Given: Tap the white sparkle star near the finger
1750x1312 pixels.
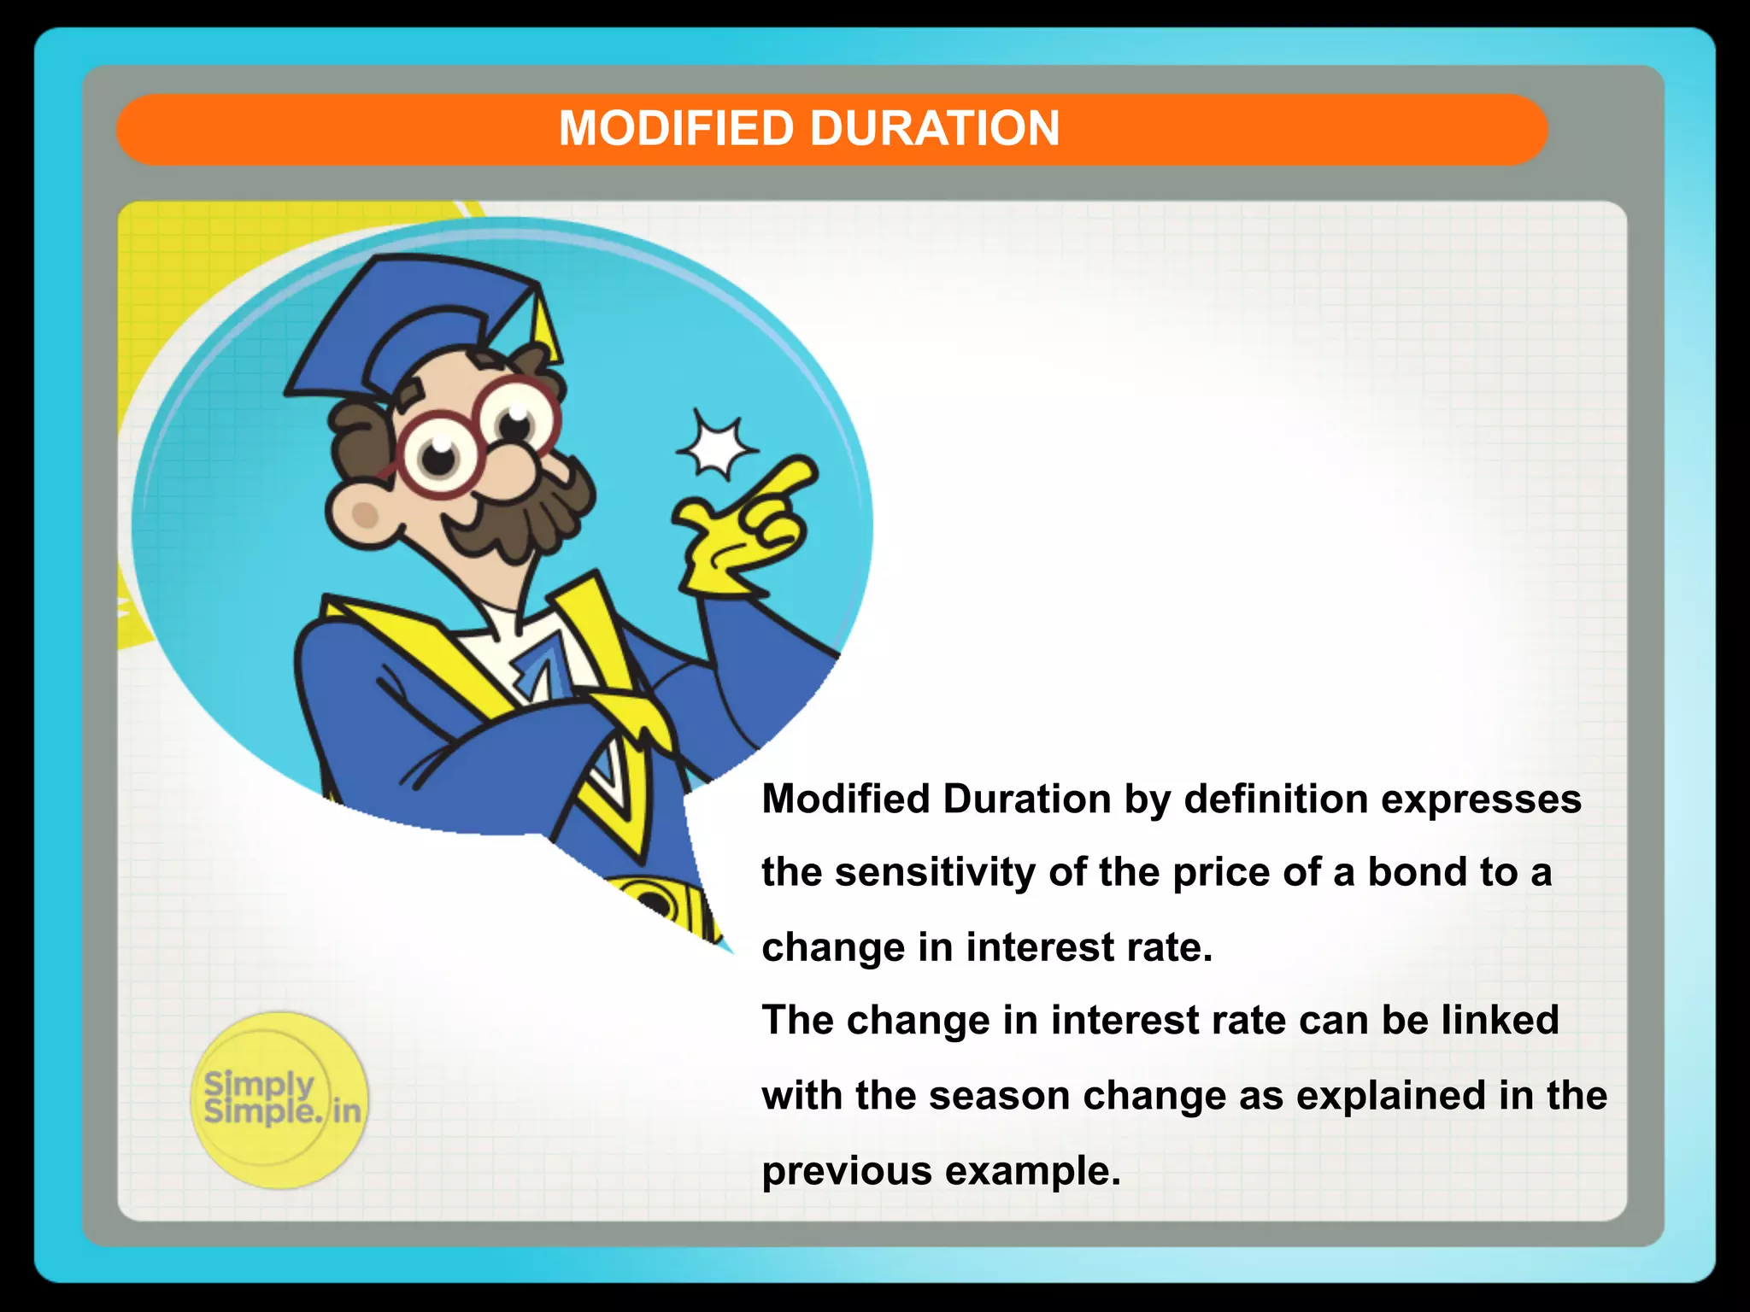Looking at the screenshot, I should coord(716,446).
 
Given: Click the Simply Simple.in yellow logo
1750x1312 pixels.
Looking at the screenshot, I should coord(280,1100).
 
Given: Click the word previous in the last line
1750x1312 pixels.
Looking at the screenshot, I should coord(846,1171).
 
